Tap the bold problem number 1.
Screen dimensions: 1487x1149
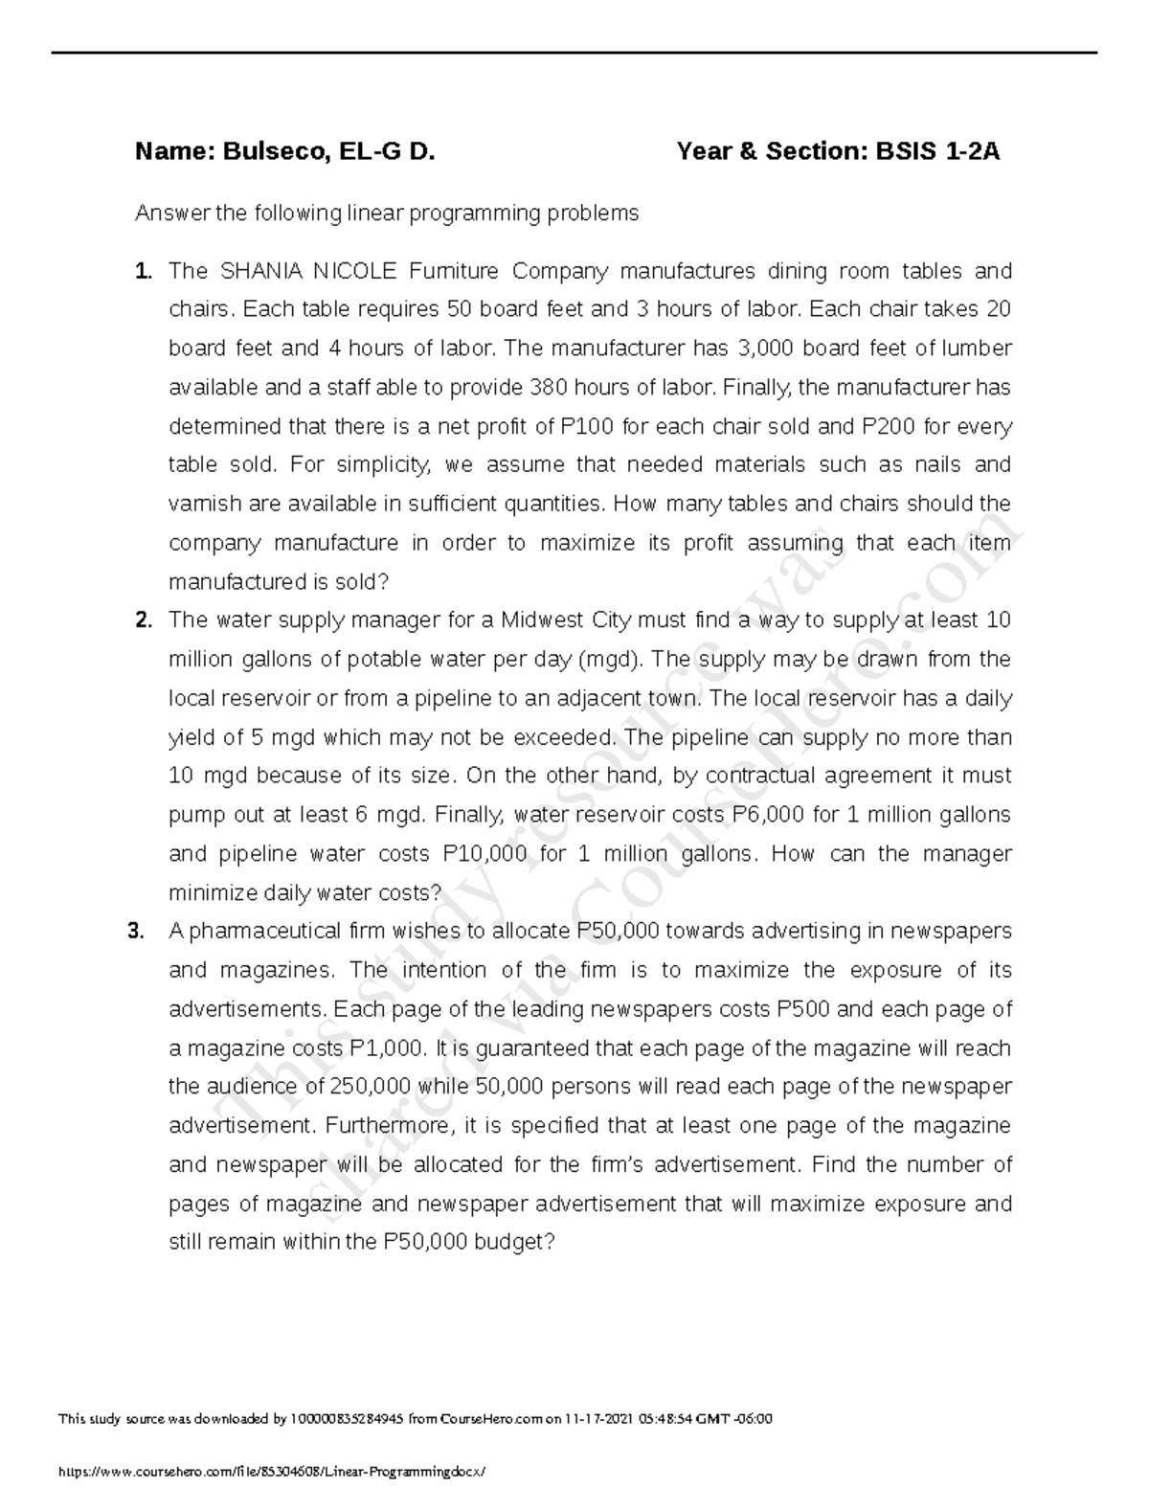pos(143,271)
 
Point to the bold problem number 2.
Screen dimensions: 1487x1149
pos(143,620)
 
